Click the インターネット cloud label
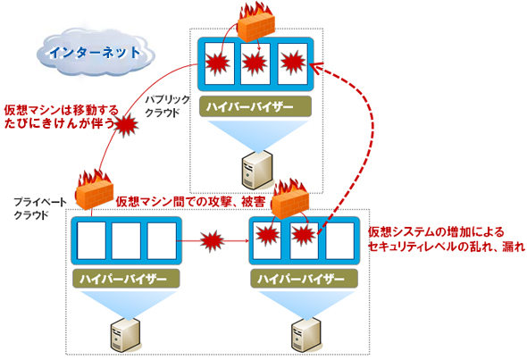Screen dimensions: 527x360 point(95,53)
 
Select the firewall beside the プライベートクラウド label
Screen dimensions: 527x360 point(94,190)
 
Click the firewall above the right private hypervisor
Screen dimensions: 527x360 point(289,199)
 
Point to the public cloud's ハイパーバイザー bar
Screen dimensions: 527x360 point(255,106)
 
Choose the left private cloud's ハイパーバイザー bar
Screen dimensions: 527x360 point(126,279)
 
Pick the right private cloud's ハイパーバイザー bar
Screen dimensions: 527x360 point(304,279)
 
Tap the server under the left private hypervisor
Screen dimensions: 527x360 point(125,334)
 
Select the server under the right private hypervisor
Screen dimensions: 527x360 point(306,334)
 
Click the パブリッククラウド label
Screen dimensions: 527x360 point(167,106)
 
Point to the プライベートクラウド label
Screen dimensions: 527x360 point(39,208)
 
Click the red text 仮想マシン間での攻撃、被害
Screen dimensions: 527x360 point(190,202)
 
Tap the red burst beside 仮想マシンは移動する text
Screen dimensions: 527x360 point(126,125)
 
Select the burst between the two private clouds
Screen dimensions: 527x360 point(212,241)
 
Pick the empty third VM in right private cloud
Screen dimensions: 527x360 point(339,240)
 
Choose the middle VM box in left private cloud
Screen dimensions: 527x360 point(126,240)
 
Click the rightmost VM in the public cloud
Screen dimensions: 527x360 point(292,63)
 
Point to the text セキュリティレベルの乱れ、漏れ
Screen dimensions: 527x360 point(446,247)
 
